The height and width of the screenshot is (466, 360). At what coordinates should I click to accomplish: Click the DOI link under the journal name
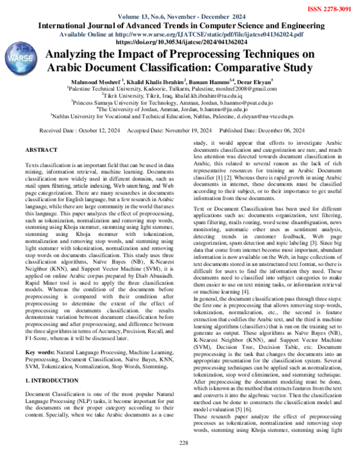point(181,43)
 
